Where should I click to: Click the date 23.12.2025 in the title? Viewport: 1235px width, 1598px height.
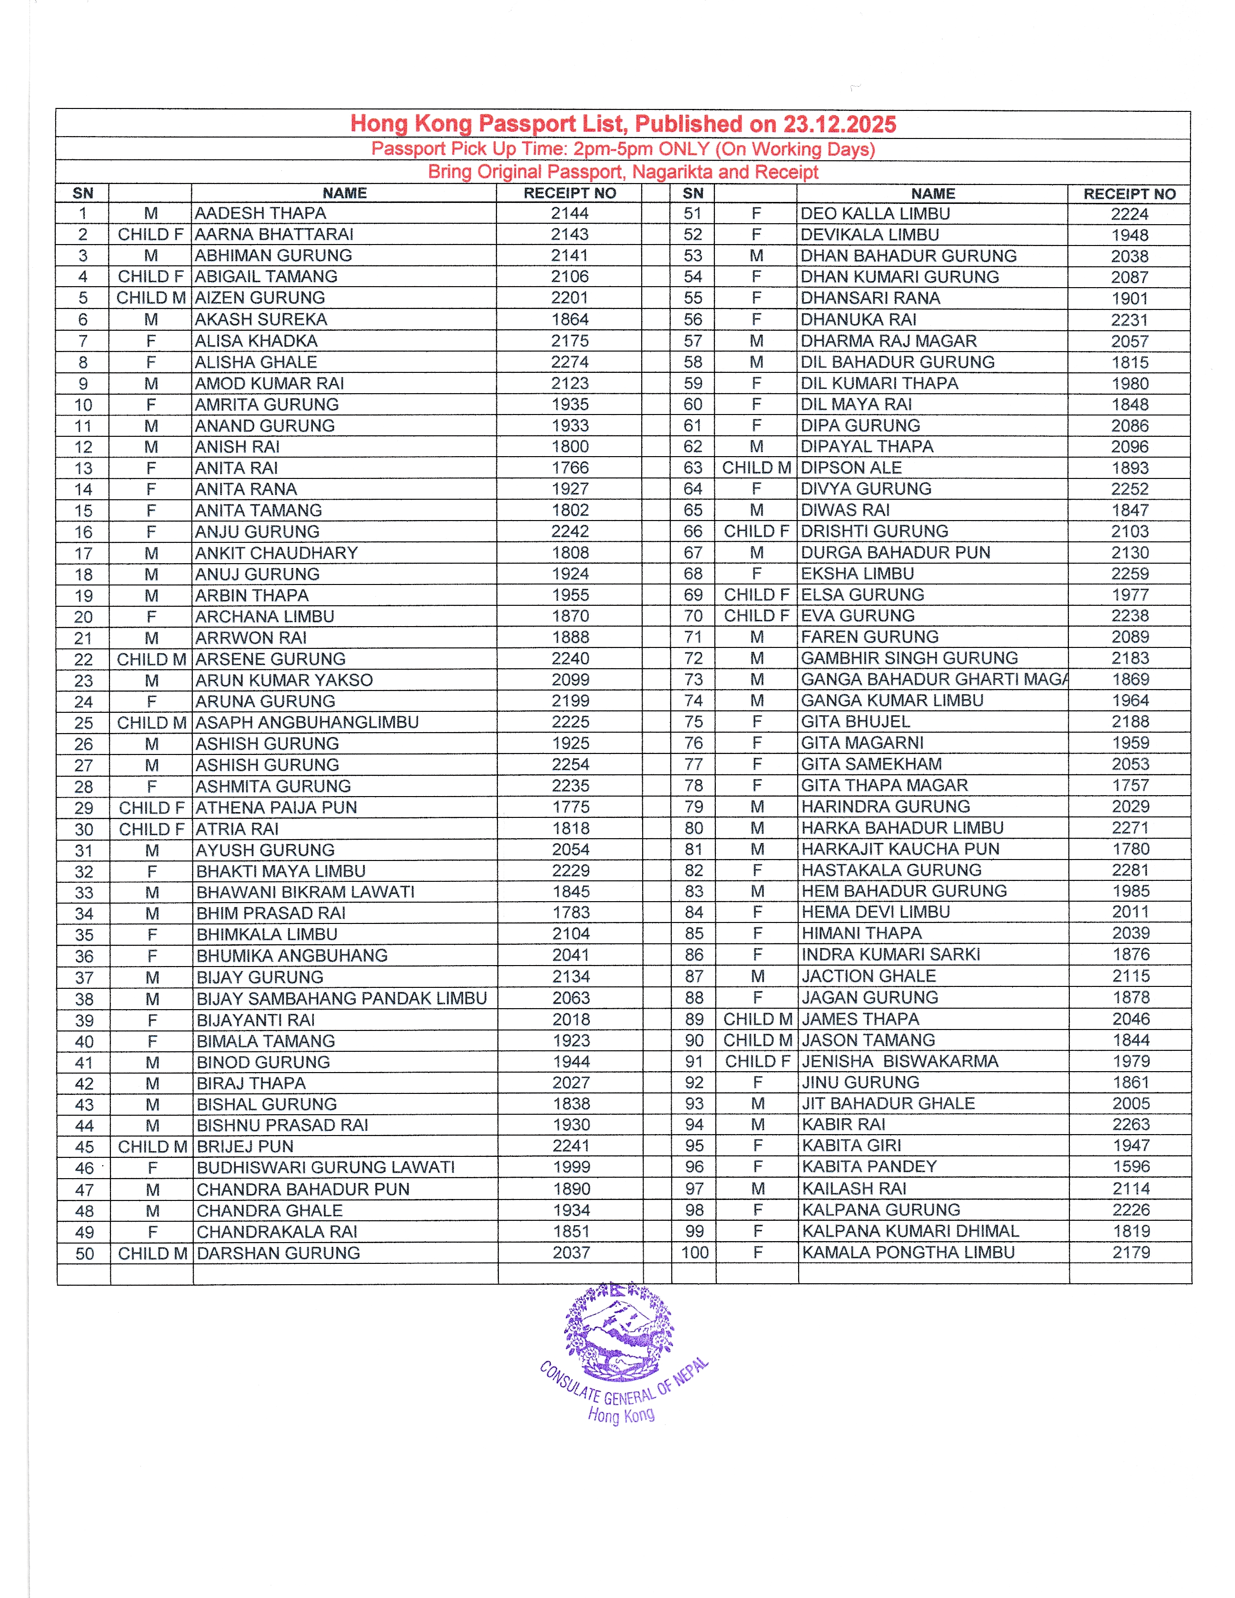(839, 124)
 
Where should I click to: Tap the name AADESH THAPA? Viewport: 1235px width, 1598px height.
(261, 213)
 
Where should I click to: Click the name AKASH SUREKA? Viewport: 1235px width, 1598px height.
(261, 319)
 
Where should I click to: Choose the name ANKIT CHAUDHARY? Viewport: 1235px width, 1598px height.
(277, 553)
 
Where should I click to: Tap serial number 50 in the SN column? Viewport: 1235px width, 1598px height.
(84, 1253)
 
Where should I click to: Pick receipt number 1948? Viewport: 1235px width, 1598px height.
(1129, 235)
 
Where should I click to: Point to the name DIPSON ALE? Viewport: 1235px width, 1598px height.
(851, 468)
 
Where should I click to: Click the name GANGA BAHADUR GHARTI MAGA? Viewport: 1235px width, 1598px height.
(934, 679)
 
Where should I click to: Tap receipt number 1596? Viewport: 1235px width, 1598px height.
(1131, 1167)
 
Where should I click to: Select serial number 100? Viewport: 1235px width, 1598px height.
(695, 1253)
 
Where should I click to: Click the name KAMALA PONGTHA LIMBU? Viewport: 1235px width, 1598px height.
(908, 1253)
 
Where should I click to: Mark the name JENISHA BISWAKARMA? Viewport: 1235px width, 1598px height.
(900, 1061)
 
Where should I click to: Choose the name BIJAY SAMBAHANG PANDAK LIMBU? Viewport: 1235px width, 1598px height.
(341, 999)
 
